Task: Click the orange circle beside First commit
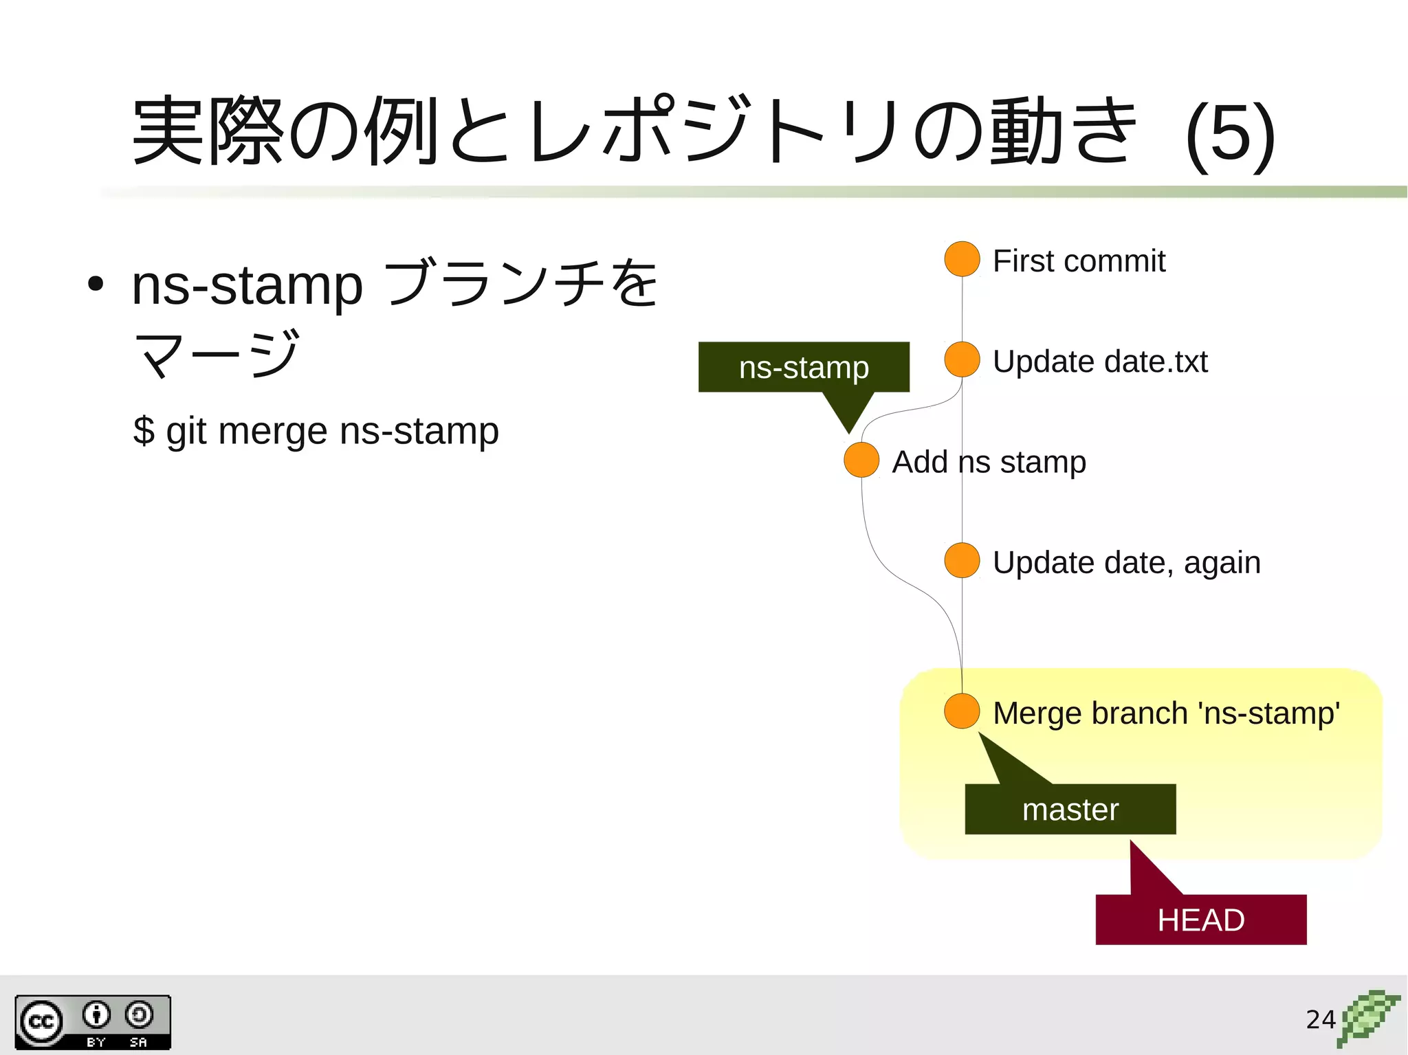tap(962, 259)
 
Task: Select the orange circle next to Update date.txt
tap(962, 359)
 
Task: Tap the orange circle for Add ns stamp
tap(861, 460)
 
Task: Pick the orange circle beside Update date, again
tap(962, 560)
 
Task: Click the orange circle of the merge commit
tap(962, 711)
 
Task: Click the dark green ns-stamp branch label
tap(804, 367)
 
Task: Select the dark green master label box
tap(1070, 809)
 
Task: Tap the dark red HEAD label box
tap(1200, 920)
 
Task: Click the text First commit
tap(1079, 261)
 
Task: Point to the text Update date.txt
tap(1100, 362)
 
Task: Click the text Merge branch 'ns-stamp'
tap(1166, 713)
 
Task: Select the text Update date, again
tap(1126, 562)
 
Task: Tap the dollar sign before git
tap(144, 431)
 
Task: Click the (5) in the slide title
tap(1231, 134)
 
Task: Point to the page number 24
tap(1320, 1019)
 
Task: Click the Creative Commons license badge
tap(93, 1022)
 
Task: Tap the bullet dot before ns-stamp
tap(96, 284)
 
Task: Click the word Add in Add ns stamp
tap(919, 462)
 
